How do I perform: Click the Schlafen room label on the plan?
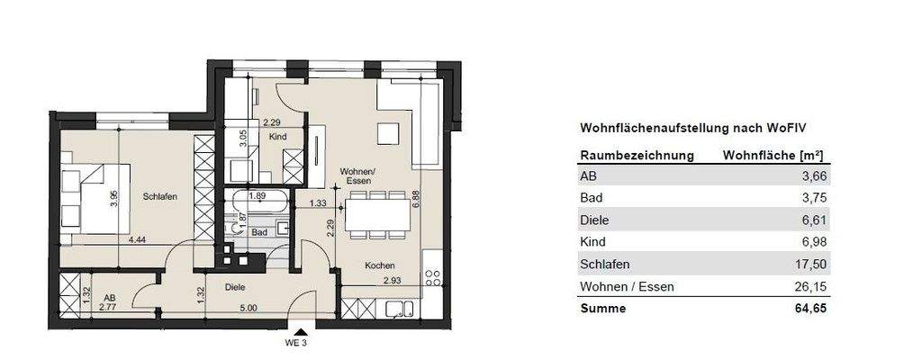[158, 196]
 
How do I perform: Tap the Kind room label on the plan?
[278, 136]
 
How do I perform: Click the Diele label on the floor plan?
[235, 287]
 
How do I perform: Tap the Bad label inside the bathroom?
[259, 232]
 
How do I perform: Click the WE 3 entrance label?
[296, 343]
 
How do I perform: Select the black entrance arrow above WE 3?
[296, 331]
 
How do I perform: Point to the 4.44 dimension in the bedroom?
[139, 240]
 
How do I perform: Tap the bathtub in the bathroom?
[258, 202]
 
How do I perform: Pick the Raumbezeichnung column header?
[637, 155]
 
